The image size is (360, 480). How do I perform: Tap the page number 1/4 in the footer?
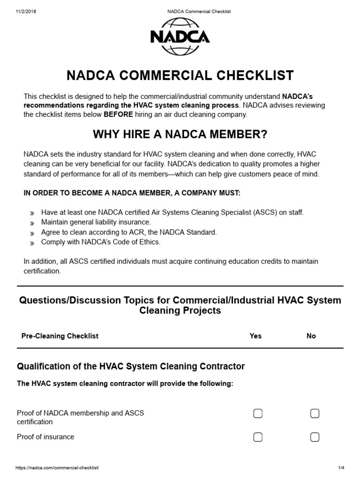coord(341,468)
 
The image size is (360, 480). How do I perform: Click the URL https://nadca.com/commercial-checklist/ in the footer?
coord(57,468)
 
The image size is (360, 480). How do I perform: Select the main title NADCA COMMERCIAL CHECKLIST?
coord(180,75)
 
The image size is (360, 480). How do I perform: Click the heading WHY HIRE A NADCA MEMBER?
coord(180,135)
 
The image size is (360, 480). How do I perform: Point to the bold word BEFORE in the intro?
coord(118,114)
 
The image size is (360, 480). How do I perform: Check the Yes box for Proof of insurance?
coord(258,437)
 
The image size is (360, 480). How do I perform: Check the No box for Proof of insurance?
coord(315,437)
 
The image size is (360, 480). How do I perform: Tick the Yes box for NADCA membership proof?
coord(258,413)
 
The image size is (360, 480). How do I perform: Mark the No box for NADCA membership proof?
coord(315,413)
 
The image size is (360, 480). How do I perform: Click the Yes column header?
coord(255,336)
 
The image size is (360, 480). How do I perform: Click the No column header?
coord(311,336)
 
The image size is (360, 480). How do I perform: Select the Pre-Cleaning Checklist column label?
coord(60,336)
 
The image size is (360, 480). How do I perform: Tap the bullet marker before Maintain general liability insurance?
coord(32,223)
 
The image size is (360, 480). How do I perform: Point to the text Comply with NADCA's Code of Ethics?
coord(101,242)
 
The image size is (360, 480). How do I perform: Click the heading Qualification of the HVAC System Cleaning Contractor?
coord(131,366)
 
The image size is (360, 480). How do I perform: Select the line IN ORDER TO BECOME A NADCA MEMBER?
coord(132,193)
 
